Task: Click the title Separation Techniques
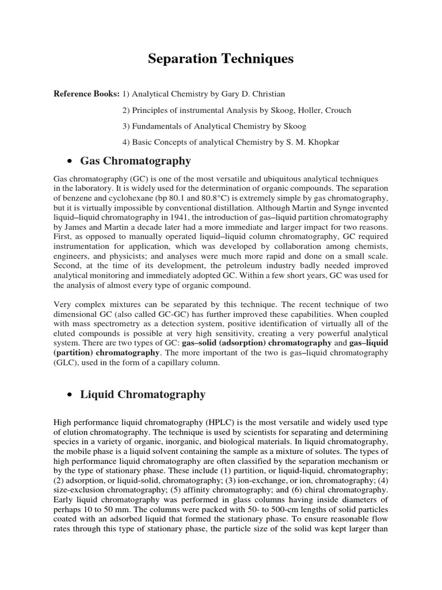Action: pos(221,59)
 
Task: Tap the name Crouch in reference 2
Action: pos(335,110)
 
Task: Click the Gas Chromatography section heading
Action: pos(135,161)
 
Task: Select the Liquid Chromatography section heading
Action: pos(142,395)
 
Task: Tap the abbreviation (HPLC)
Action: pos(202,422)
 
